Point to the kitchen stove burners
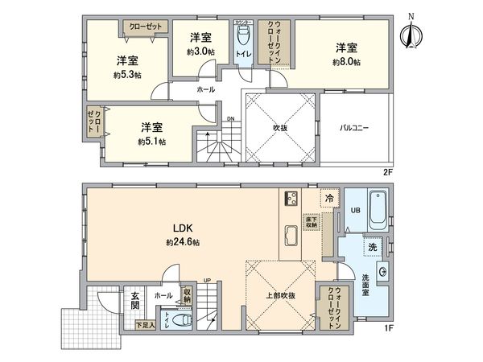[x=291, y=200]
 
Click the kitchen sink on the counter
[x=291, y=235]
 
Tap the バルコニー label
[x=354, y=128]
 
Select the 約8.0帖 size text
[x=348, y=62]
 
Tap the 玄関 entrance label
[x=134, y=301]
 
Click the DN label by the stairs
[x=230, y=119]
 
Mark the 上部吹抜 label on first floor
[x=280, y=296]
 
